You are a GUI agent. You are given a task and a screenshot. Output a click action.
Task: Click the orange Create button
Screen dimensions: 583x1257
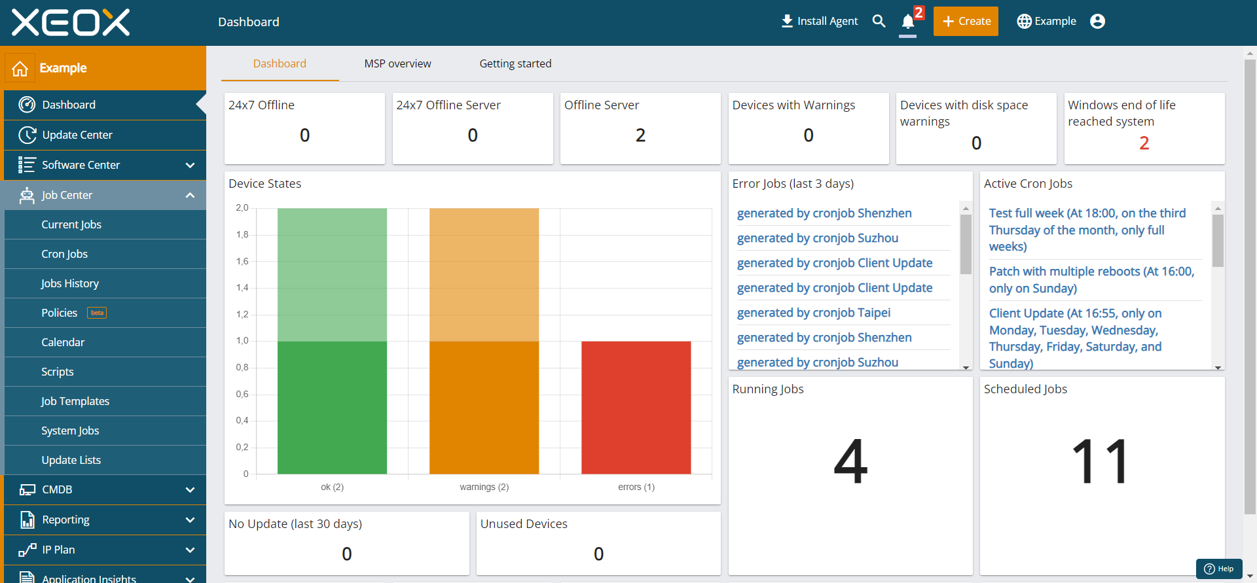[966, 21]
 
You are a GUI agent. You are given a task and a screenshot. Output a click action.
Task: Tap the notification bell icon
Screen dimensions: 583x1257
[907, 22]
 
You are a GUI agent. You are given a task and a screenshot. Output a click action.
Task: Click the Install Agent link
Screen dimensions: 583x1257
[820, 21]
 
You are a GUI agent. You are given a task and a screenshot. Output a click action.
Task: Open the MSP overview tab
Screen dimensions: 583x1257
[397, 63]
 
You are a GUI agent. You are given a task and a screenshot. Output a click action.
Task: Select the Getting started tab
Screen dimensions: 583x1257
[515, 63]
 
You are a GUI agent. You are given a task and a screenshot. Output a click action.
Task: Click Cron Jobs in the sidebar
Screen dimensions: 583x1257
[64, 254]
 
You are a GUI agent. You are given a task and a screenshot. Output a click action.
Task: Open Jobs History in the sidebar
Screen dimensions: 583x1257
[69, 283]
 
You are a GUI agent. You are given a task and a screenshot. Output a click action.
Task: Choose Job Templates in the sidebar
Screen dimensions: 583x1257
[75, 401]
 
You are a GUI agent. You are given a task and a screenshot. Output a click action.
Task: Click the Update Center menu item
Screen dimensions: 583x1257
[77, 135]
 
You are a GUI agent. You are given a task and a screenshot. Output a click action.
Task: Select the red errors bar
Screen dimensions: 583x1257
[636, 407]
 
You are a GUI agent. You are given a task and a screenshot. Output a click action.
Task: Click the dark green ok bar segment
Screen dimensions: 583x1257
[332, 407]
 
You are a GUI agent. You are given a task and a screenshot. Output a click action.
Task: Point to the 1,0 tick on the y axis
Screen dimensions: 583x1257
[242, 341]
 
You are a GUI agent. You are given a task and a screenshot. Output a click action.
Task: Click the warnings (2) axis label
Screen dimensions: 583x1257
[484, 487]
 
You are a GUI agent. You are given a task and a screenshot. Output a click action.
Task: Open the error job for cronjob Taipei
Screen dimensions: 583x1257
[814, 313]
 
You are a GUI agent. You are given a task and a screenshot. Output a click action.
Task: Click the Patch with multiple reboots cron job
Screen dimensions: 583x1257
[1091, 279]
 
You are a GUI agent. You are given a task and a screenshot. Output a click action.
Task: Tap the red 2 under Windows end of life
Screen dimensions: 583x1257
[1144, 143]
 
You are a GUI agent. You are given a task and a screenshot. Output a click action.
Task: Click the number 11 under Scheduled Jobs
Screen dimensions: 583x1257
[1101, 461]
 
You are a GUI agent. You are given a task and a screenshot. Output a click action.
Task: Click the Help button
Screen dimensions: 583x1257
[1219, 569]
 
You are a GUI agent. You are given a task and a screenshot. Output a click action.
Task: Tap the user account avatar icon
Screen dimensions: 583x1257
[1098, 22]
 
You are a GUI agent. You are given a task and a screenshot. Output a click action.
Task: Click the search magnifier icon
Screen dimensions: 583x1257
[879, 21]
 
